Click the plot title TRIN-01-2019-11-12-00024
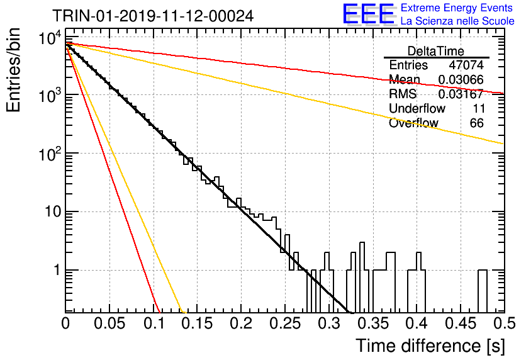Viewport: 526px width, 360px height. (x=153, y=16)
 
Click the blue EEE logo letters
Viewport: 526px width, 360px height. (x=369, y=14)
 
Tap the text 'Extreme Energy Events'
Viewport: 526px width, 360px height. (x=457, y=8)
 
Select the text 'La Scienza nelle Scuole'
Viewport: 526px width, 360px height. (x=457, y=21)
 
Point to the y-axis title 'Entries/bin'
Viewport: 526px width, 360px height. (x=13, y=70)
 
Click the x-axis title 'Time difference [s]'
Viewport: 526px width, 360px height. (x=430, y=346)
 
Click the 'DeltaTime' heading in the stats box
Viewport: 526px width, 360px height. (x=436, y=51)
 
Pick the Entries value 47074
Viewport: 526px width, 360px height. (x=466, y=65)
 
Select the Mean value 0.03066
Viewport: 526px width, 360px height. (x=461, y=79)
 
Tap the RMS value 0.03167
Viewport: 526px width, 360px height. (x=461, y=94)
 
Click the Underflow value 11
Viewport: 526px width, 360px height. (x=478, y=108)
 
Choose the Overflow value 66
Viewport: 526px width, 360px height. (x=477, y=123)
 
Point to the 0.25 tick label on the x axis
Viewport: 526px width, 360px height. (x=286, y=323)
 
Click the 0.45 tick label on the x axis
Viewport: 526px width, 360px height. (x=461, y=323)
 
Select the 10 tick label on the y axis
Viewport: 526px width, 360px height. (x=53, y=211)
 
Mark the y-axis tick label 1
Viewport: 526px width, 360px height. (x=57, y=270)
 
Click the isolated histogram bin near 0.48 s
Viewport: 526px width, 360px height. (x=483, y=291)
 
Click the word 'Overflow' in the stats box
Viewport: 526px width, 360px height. (x=413, y=123)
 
